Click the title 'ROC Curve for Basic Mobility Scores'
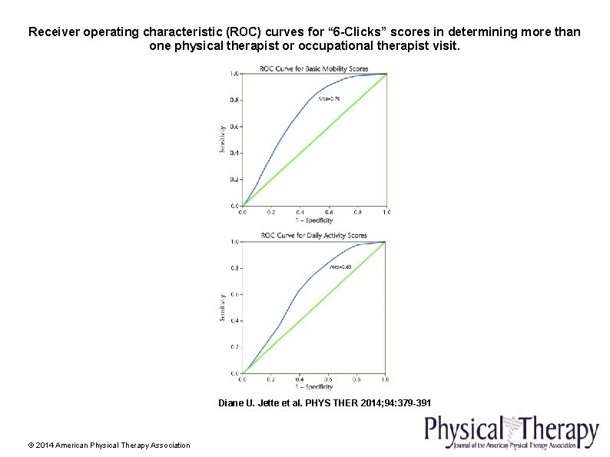pos(314,68)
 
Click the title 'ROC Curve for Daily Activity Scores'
pos(313,235)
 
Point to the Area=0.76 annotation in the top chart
pos(329,98)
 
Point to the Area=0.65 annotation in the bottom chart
pos(340,267)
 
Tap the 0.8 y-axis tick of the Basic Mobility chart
pos(234,100)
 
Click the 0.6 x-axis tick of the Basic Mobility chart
pos(329,212)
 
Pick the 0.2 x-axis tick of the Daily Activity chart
pos(270,379)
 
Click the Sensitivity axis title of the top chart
pos(222,140)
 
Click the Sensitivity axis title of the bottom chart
pos(222,306)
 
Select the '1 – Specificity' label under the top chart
pos(313,220)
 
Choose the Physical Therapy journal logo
pos(511,432)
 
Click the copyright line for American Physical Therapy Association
pos(108,445)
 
